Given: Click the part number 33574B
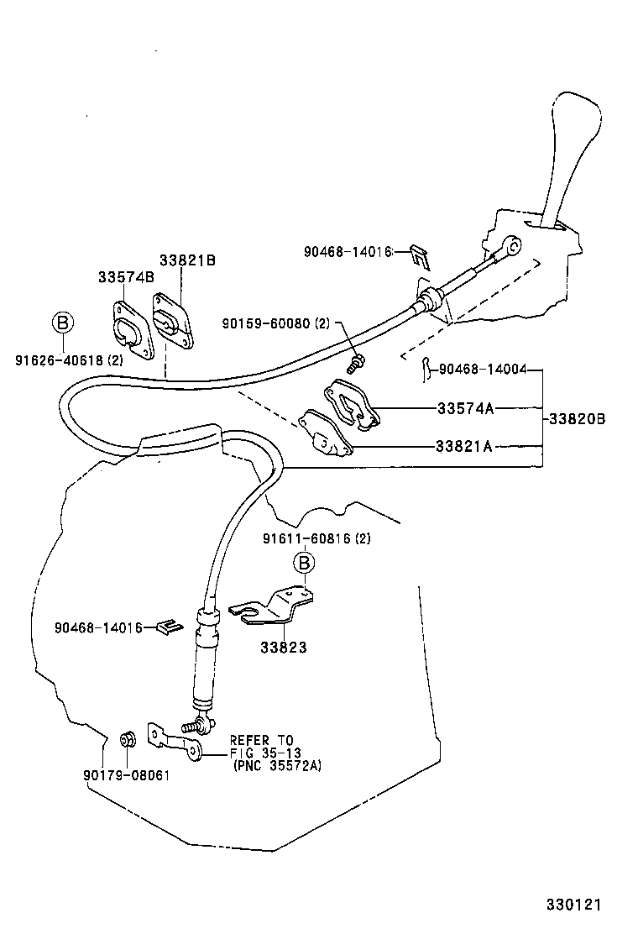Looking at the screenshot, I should (x=126, y=276).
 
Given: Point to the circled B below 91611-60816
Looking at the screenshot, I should (x=303, y=562).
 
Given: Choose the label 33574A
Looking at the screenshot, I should (x=464, y=409).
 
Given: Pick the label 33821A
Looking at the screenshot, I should (x=463, y=446).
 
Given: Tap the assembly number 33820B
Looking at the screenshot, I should (x=576, y=417).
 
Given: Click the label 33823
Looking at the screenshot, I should (x=283, y=648).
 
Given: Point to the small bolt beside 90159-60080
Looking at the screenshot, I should (x=356, y=363).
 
